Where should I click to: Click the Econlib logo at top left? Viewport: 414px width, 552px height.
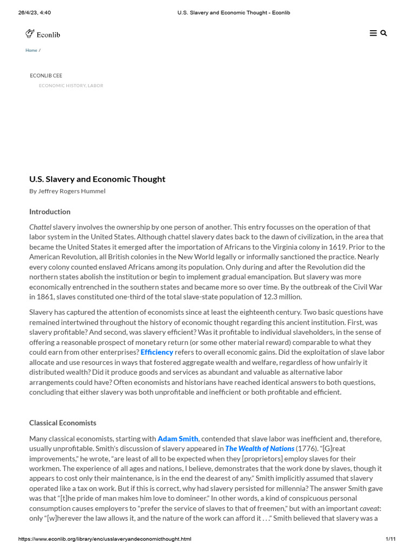[x=43, y=34]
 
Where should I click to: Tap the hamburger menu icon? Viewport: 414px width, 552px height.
[x=373, y=33]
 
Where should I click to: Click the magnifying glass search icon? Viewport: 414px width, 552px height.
[x=384, y=33]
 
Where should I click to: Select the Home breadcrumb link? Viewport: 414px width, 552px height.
[x=31, y=50]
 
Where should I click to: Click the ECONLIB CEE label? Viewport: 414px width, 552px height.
[x=46, y=75]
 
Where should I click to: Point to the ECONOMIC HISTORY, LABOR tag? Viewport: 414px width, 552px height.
[x=71, y=86]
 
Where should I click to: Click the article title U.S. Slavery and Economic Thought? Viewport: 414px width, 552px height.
[x=97, y=179]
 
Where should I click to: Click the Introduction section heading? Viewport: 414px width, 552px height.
[x=50, y=212]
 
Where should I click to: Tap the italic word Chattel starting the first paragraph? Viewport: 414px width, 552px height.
[x=40, y=227]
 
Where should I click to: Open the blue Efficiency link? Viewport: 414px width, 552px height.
[x=157, y=352]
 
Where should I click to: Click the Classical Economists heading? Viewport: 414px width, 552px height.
[x=63, y=423]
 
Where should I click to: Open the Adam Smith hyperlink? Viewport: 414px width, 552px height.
[x=178, y=439]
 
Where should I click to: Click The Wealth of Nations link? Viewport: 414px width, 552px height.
[x=260, y=448]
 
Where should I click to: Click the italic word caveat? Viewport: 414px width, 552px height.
[x=370, y=508]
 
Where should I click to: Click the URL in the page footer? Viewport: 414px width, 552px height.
[x=105, y=539]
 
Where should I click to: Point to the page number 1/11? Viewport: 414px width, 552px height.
[x=391, y=539]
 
